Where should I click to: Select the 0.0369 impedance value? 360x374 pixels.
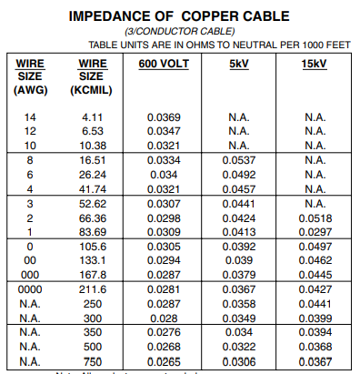point(164,118)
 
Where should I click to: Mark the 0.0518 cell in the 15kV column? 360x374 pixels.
point(315,219)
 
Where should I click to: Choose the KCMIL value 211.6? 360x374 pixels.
point(94,288)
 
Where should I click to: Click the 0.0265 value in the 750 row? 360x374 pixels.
point(164,362)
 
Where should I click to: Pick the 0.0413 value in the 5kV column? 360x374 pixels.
point(239,233)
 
